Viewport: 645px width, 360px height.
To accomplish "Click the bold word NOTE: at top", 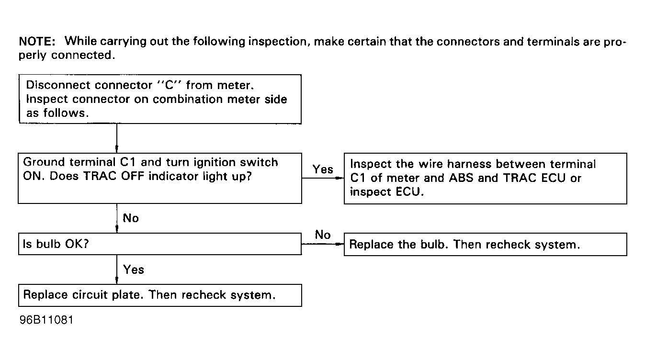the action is coord(37,42).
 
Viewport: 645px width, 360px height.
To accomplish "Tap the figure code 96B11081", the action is coord(46,320).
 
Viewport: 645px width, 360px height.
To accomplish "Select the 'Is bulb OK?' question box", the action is coord(160,244).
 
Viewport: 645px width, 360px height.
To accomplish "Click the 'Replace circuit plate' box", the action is coord(160,295).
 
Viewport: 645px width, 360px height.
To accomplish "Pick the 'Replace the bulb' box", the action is coord(486,244).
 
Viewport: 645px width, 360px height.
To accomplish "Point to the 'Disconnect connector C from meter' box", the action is coord(160,99).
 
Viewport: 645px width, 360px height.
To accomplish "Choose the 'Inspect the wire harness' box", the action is coord(486,179).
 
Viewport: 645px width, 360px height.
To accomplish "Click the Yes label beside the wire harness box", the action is coord(323,169).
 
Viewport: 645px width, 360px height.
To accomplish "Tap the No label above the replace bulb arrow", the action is coord(323,235).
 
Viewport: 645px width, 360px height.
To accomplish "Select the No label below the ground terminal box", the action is coord(131,218).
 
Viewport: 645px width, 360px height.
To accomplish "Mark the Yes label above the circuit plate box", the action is coord(133,270).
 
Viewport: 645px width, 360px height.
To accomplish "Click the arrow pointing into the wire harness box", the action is coord(323,178).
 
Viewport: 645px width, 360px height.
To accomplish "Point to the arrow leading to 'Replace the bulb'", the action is coord(323,244).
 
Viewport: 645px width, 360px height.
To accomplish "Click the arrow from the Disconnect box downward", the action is coord(117,138).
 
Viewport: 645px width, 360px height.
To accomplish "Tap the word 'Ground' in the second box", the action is coord(45,162).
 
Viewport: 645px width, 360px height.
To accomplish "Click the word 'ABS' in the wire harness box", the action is coord(461,178).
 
